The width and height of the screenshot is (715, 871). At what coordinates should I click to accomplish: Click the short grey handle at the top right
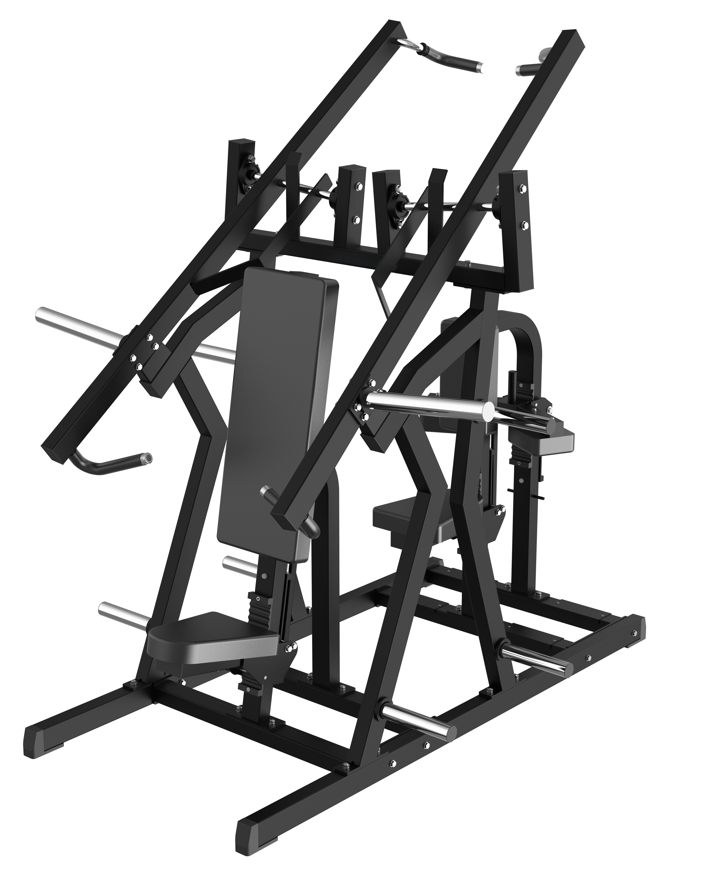tap(531, 66)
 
